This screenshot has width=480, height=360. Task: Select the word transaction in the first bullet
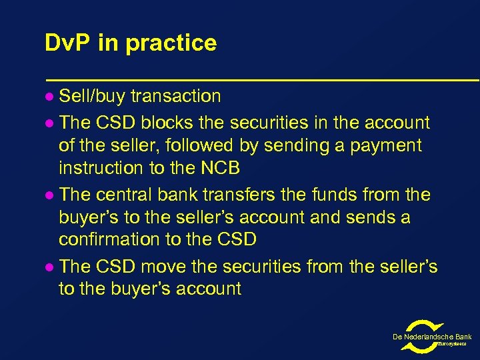click(x=175, y=96)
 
